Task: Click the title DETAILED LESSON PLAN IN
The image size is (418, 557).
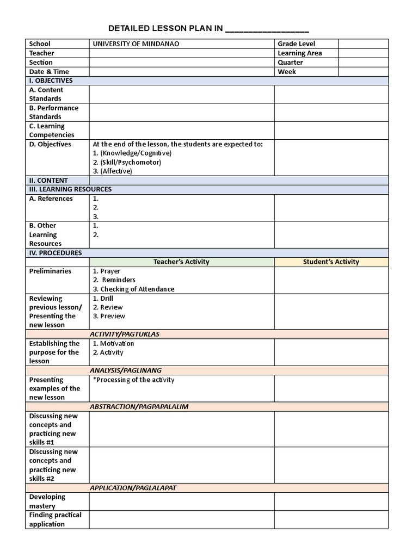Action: (x=165, y=28)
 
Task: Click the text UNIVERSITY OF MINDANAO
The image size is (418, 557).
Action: (x=136, y=44)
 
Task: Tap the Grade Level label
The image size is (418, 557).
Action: (x=296, y=44)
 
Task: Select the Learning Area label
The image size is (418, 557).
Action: (x=299, y=53)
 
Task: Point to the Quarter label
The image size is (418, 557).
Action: (x=290, y=62)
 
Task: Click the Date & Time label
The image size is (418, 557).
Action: (x=49, y=71)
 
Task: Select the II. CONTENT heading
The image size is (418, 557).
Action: (x=48, y=180)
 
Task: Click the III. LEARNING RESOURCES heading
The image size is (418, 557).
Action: (x=70, y=189)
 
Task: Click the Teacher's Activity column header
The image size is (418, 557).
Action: (x=181, y=262)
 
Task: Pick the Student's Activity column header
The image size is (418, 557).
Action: (x=331, y=262)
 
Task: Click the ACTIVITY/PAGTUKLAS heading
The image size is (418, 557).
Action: (x=125, y=334)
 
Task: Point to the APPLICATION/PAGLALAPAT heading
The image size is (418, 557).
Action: (x=133, y=488)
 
